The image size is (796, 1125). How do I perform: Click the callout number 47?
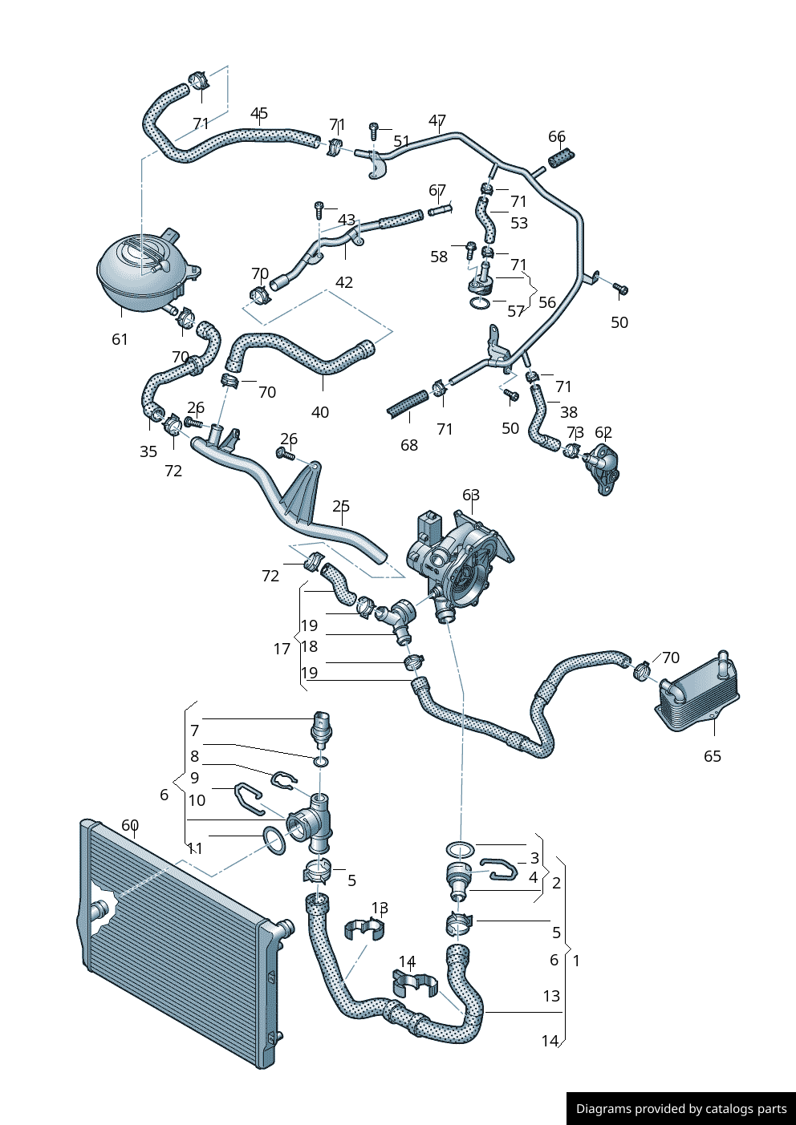pyautogui.click(x=437, y=121)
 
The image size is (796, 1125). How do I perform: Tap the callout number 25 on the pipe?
pyautogui.click(x=341, y=507)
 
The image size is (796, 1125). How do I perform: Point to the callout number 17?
pyautogui.click(x=282, y=649)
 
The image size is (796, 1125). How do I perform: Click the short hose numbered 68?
pyautogui.click(x=408, y=403)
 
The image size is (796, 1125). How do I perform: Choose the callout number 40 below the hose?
pyautogui.click(x=319, y=412)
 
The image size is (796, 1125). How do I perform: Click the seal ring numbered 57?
pyautogui.click(x=479, y=302)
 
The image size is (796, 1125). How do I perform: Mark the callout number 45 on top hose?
pyautogui.click(x=259, y=114)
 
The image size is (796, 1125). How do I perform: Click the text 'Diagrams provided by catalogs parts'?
pyautogui.click(x=681, y=1109)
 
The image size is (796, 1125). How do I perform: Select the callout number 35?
pyautogui.click(x=148, y=451)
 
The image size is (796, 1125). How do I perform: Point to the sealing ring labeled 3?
pyautogui.click(x=460, y=848)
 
